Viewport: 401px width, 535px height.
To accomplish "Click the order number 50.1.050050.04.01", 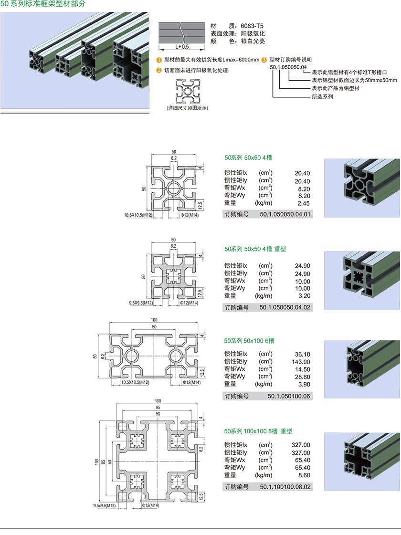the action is pyautogui.click(x=285, y=214).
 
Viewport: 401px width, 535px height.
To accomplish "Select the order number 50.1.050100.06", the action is pyautogui.click(x=289, y=396).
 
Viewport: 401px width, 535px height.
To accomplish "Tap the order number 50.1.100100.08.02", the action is pyautogui.click(x=285, y=487).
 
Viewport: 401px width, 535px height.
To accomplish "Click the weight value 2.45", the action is pyautogui.click(x=304, y=203).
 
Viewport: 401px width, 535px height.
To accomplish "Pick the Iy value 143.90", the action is pyautogui.click(x=301, y=362).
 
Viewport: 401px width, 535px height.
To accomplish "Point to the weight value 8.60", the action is pyautogui.click(x=304, y=475).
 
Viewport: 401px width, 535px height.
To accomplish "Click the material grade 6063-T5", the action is pyautogui.click(x=252, y=26).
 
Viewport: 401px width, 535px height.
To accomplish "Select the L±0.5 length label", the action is pyautogui.click(x=182, y=47).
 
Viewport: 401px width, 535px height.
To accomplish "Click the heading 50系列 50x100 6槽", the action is pyautogui.click(x=249, y=341).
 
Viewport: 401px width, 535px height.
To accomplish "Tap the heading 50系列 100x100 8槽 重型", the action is pyautogui.click(x=258, y=431).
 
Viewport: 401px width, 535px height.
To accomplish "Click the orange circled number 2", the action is pyautogui.click(x=158, y=70).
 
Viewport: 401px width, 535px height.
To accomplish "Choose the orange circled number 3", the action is pyautogui.click(x=264, y=60).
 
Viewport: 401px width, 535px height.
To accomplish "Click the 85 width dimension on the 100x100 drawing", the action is pyautogui.click(x=158, y=408).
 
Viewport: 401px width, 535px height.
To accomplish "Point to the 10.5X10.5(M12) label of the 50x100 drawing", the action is pyautogui.click(x=135, y=382).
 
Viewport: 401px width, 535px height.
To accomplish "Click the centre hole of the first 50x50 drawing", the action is pyautogui.click(x=174, y=188).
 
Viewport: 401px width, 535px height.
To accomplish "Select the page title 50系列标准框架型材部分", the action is pyautogui.click(x=43, y=4).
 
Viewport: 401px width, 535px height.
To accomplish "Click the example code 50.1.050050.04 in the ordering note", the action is pyautogui.click(x=288, y=67).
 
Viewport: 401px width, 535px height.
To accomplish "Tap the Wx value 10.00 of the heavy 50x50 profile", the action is pyautogui.click(x=303, y=282).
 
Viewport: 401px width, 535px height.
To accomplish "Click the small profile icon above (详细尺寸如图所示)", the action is pyautogui.click(x=188, y=91).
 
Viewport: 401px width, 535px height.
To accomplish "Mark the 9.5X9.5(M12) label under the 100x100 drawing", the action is pyautogui.click(x=105, y=506).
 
